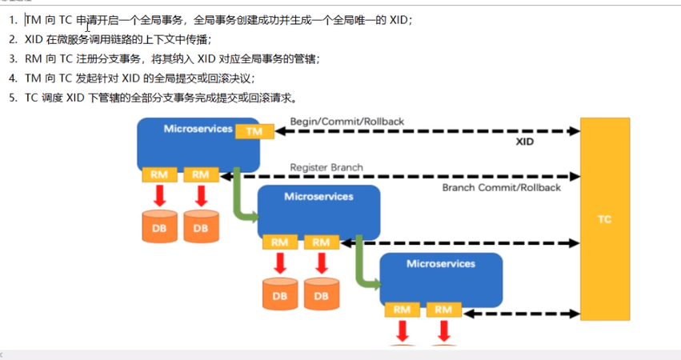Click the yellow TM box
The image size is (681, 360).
[x=254, y=131]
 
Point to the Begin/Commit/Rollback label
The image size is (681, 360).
[x=347, y=122]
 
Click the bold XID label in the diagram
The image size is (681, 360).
[x=524, y=141]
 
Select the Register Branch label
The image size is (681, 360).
[x=326, y=168]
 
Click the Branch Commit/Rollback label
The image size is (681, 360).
[x=501, y=187]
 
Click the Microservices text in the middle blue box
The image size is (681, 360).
[x=318, y=195]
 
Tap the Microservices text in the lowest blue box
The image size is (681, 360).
[x=440, y=263]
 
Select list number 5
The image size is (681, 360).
[x=13, y=98]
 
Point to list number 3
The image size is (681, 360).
[x=13, y=59]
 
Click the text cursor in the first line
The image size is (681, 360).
[x=87, y=26]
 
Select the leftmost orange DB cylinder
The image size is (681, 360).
[x=159, y=226]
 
